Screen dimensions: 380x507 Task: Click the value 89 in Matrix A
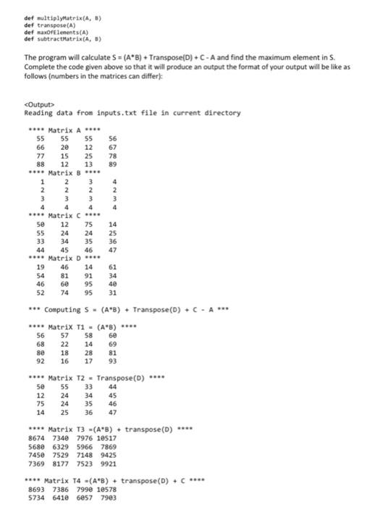[x=113, y=164]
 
